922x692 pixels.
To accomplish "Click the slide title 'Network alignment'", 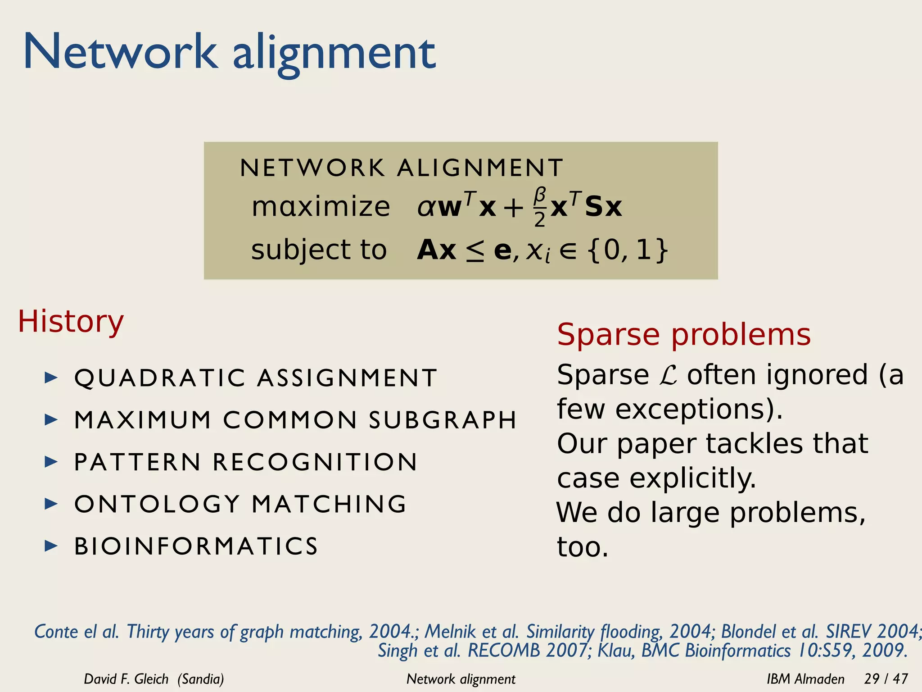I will click(230, 53).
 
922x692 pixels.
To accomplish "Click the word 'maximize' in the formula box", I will click(321, 207).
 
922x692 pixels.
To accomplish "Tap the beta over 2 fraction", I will click(540, 207).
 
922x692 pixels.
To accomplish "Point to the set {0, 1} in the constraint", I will click(628, 250).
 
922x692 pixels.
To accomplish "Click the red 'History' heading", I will click(71, 322).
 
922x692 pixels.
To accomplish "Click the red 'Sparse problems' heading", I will click(683, 334).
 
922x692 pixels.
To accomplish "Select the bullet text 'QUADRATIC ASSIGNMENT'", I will click(256, 378).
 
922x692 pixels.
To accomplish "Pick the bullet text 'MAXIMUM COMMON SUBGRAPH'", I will click(295, 420).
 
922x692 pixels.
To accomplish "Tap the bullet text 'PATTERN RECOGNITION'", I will click(246, 462).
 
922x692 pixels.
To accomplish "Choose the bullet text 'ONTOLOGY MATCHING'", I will click(240, 504).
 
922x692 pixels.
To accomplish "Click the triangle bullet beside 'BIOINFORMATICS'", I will click(51, 546).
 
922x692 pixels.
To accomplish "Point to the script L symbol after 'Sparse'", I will click(668, 375).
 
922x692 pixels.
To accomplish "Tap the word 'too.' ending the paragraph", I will click(583, 547).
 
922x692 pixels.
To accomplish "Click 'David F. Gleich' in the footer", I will click(126, 679).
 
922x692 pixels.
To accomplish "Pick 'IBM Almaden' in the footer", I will click(805, 679).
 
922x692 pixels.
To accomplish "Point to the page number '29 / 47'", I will click(886, 679).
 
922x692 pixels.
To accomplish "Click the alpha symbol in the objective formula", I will click(425, 208).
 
